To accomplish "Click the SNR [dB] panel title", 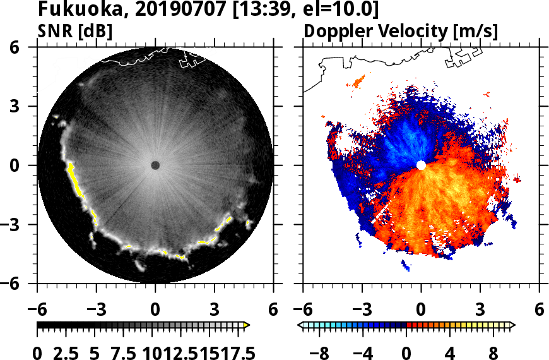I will [x=74, y=31].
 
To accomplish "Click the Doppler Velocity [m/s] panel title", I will [x=401, y=31].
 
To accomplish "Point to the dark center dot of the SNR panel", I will [x=155, y=165].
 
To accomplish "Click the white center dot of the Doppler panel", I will [x=421, y=165].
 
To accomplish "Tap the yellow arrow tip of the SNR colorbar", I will [x=247, y=325].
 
